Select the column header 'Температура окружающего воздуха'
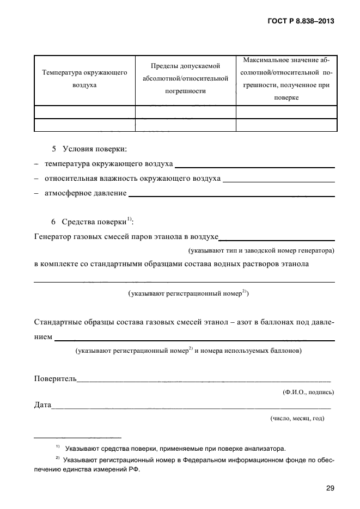pos(84,79)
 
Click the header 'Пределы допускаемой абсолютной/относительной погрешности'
pos(185,79)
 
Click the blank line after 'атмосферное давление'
pos(231,193)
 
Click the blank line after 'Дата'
pos(191,406)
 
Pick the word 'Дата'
pos(42,406)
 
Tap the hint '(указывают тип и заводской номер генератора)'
pos(261,251)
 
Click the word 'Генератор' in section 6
pos(52,237)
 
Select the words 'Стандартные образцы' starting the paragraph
pos(70,323)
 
